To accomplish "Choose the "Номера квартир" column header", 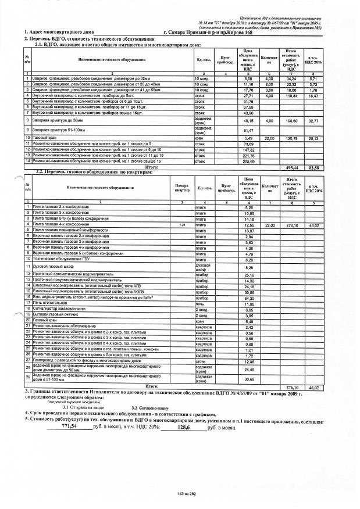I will tap(182, 188).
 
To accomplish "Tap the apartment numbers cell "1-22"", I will tap(182, 224).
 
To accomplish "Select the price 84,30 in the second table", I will tap(249, 297).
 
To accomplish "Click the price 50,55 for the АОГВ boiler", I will tap(249, 292).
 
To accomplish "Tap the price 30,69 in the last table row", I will tap(249, 379).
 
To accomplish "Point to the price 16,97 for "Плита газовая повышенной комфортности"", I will tap(249, 230).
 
